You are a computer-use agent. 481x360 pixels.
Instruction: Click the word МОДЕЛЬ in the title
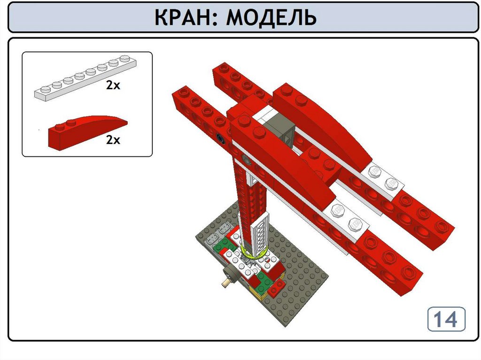point(271,18)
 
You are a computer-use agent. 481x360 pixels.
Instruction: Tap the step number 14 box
point(446,319)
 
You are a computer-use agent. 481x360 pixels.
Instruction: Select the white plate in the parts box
point(85,78)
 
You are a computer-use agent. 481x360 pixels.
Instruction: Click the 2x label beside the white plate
point(113,85)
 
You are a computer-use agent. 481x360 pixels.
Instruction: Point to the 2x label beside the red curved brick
point(113,140)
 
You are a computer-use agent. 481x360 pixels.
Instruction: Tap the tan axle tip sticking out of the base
point(226,283)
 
